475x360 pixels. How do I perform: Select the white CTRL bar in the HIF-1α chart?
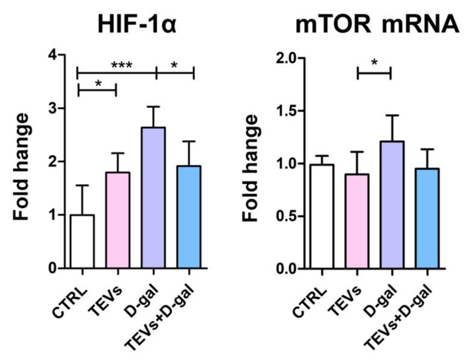(82, 241)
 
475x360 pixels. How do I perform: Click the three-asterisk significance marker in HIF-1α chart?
(121, 65)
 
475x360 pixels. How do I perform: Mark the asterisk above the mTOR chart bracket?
(374, 63)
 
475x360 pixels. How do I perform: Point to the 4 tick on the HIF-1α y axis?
(53, 55)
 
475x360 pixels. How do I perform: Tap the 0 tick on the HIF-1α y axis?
(53, 268)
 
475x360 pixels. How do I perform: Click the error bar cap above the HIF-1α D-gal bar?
(154, 107)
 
